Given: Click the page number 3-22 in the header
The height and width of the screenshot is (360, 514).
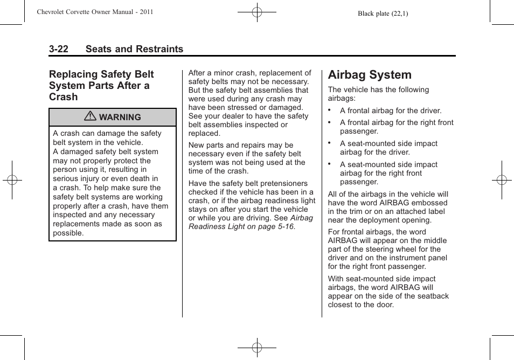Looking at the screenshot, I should pos(58,49).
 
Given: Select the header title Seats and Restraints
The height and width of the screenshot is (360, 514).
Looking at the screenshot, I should pos(134,49).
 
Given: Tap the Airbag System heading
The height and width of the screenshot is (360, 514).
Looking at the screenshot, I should pos(369,75).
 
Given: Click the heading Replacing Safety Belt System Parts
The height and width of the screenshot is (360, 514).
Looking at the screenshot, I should pos(101,85).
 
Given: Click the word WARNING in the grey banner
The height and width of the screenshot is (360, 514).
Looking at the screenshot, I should pos(120,117).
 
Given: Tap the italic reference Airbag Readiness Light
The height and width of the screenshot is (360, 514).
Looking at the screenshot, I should pos(251,223).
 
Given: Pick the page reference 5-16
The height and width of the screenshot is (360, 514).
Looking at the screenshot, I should pos(284,226).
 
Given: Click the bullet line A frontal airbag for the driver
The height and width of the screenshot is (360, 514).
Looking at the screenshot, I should pos(390,110).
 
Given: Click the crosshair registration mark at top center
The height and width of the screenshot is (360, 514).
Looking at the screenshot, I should pos(257,12).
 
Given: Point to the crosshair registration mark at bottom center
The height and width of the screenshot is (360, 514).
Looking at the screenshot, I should pos(257,348).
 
